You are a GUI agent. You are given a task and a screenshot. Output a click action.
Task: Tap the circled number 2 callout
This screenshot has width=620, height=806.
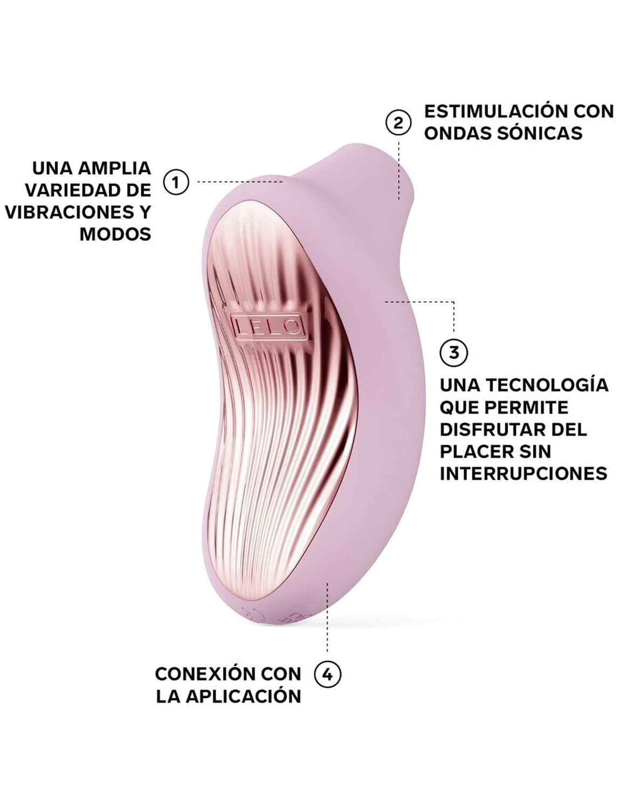coord(398,123)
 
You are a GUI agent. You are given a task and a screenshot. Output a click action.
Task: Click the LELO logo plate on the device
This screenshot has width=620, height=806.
coord(268,326)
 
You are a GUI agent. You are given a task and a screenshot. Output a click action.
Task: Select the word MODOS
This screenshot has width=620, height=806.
coord(115,234)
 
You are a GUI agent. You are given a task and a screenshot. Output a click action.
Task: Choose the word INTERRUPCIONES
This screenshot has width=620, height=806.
coord(523,473)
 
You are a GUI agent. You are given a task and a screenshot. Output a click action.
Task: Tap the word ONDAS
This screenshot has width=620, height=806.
coord(458,133)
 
